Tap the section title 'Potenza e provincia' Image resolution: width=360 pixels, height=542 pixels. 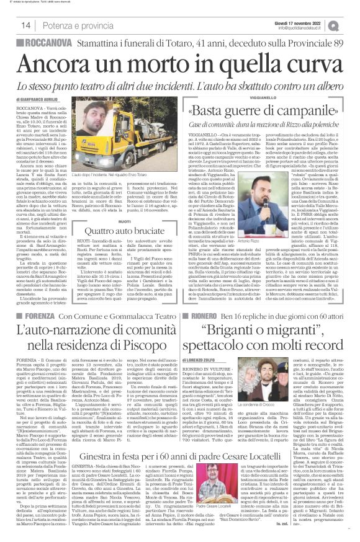coord(70,25)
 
